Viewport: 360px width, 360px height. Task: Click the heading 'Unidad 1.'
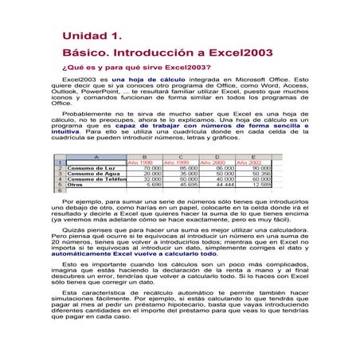92,37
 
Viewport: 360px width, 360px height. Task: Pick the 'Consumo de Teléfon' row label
95,180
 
